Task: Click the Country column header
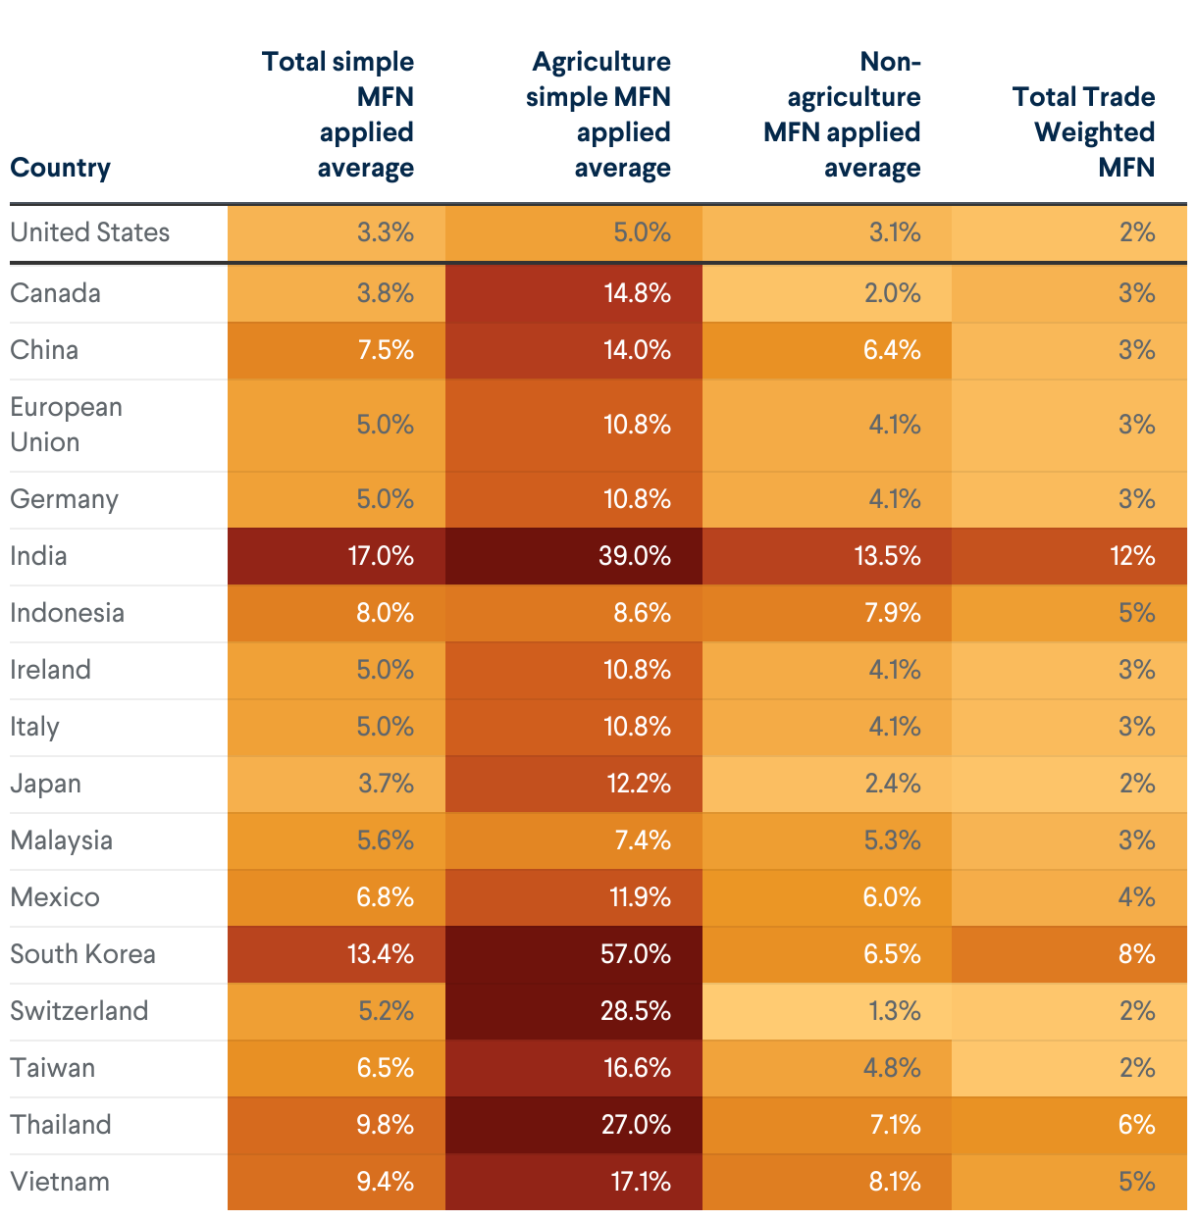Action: (x=60, y=168)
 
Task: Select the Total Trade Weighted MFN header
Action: (x=1083, y=132)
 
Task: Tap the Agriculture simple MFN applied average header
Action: (x=598, y=115)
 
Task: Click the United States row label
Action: (x=90, y=232)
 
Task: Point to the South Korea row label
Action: (x=82, y=954)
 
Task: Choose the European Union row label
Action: (x=66, y=425)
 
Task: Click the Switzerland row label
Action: (x=79, y=1011)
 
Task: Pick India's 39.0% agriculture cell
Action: (x=635, y=556)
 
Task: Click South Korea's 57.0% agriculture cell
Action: (x=635, y=954)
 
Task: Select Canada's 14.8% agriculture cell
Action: (x=637, y=293)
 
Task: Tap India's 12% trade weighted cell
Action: (x=1132, y=556)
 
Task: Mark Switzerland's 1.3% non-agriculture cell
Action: (x=894, y=1011)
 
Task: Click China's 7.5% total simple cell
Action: (x=386, y=350)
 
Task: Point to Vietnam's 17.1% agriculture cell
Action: (x=641, y=1182)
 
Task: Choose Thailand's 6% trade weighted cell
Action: (x=1136, y=1125)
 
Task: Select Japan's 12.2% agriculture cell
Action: (x=638, y=784)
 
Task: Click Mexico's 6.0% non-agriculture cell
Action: (x=892, y=897)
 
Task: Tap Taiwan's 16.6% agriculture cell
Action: (x=638, y=1068)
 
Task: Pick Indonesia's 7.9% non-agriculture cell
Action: (x=892, y=613)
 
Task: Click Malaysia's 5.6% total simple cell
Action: (x=386, y=840)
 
